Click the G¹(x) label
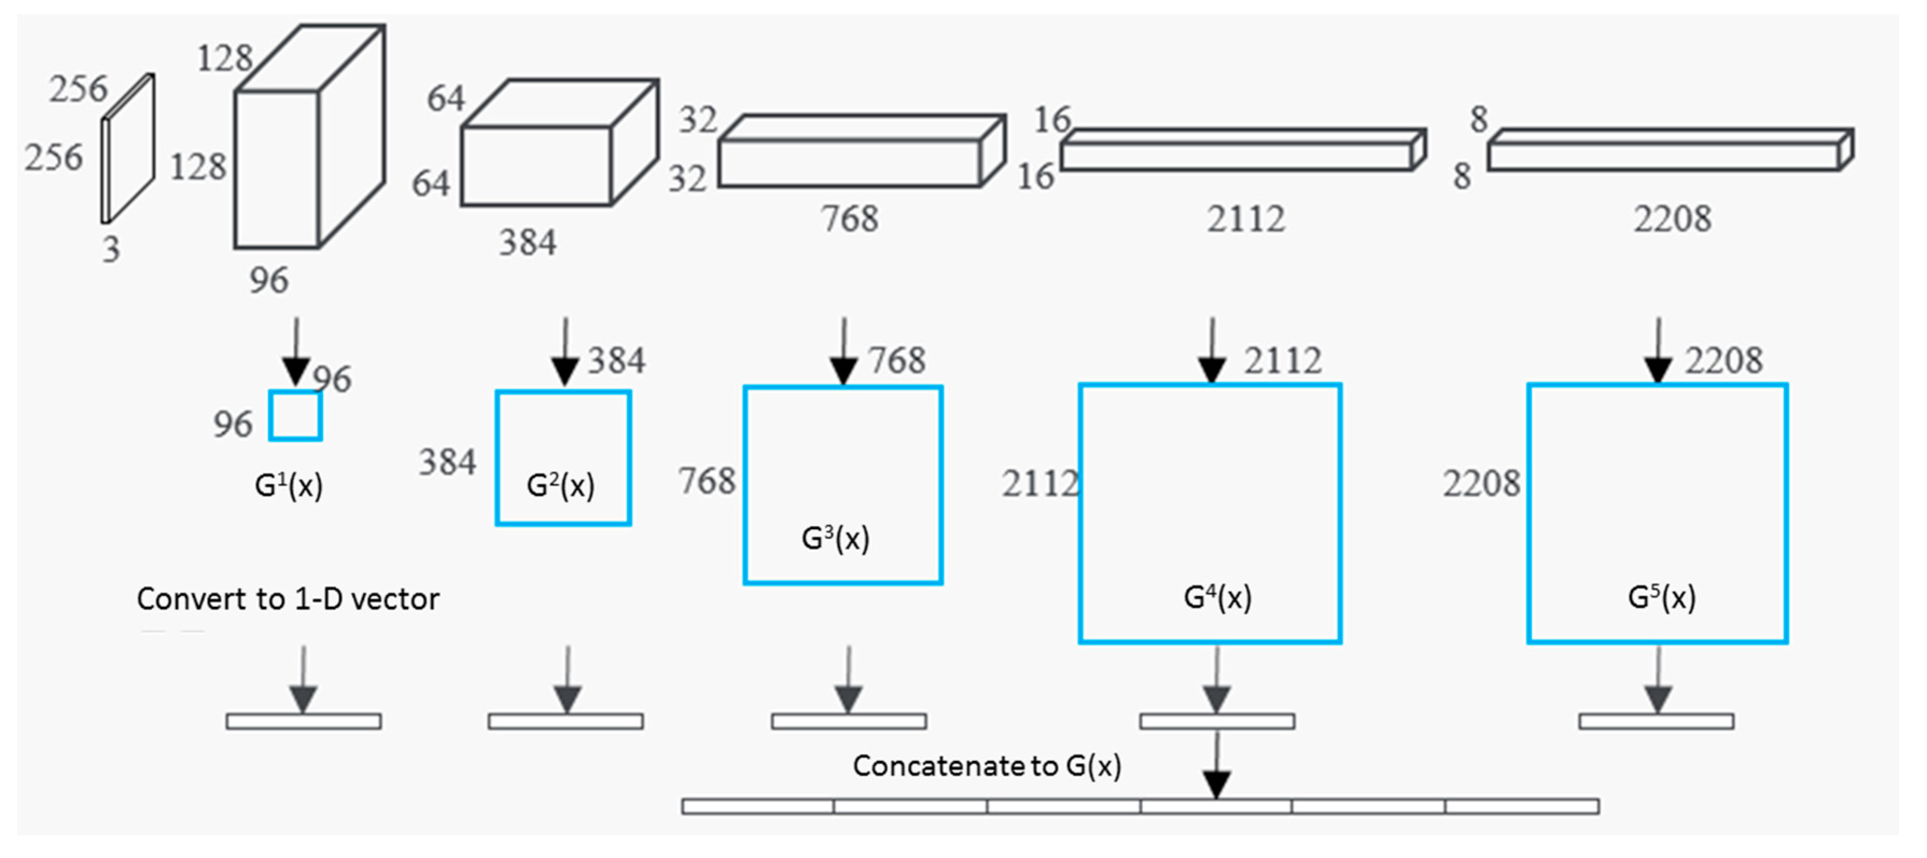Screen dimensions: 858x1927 pos(289,486)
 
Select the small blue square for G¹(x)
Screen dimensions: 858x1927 pos(296,416)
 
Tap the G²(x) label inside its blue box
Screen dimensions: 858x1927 pos(560,486)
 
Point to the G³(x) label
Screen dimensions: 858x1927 pos(835,539)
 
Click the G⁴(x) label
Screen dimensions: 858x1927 pos(1217,597)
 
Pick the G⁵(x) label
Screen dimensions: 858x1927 pos(1662,597)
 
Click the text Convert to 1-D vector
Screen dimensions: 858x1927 pos(288,599)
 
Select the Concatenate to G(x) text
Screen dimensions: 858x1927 pos(987,766)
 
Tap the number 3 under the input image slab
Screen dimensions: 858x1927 pos(111,249)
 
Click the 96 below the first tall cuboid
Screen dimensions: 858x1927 pos(269,281)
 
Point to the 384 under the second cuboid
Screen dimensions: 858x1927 pos(528,243)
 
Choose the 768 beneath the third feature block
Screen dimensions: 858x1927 pos(849,219)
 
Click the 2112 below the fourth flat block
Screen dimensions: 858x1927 pos(1245,219)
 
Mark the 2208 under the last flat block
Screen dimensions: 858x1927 pos(1672,219)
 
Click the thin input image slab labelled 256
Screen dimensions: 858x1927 pos(128,149)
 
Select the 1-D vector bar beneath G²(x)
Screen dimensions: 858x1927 pos(565,722)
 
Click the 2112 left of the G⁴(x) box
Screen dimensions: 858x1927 pos(1039,484)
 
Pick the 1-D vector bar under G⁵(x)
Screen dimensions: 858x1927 pos(1656,722)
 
